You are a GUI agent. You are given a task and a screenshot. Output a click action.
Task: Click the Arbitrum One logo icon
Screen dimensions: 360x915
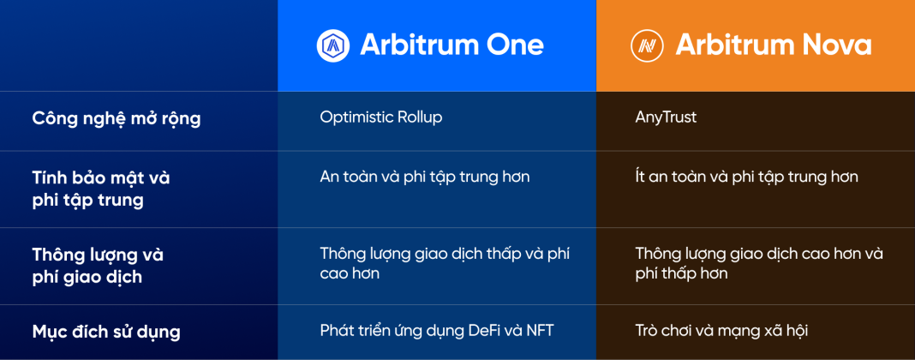coord(333,45)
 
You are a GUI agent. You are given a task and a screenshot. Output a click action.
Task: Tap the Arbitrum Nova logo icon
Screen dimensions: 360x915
coord(648,45)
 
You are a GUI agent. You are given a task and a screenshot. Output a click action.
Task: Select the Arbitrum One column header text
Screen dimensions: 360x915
coord(452,45)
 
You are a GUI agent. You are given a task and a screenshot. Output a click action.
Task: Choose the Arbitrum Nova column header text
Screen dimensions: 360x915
coord(774,45)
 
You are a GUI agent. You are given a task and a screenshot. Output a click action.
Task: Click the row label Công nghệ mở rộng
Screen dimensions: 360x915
coord(117,118)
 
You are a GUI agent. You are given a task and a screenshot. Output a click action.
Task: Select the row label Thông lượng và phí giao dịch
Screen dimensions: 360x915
coord(98,266)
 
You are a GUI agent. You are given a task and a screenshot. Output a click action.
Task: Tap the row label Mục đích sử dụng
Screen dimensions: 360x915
coord(106,331)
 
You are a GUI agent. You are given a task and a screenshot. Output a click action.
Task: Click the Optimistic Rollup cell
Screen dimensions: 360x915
coord(381,117)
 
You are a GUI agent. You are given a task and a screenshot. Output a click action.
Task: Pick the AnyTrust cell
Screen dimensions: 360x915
coord(666,117)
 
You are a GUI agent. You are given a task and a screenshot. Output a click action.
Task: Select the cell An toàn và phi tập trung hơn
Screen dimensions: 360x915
coord(425,177)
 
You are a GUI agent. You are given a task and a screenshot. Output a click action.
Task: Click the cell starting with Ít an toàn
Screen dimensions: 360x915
coord(746,177)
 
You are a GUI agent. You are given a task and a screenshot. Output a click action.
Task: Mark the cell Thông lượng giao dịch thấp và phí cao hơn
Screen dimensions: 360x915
coord(445,263)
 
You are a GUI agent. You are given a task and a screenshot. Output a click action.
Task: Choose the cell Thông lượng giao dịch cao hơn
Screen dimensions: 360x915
coord(759,263)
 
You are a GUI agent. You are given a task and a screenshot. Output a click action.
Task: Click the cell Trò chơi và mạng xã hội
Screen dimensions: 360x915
coord(721,330)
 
